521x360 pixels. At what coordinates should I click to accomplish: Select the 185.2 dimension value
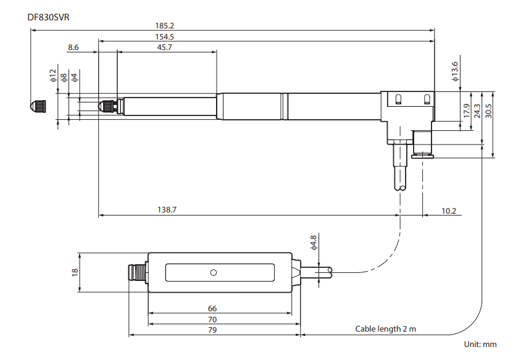pyautogui.click(x=165, y=26)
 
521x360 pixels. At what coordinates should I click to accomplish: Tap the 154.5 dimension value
pyautogui.click(x=165, y=37)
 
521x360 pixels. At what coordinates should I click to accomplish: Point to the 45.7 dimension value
pyautogui.click(x=165, y=48)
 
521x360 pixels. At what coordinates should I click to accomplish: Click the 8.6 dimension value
pyautogui.click(x=73, y=48)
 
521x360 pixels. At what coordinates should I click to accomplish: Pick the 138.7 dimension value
pyautogui.click(x=167, y=211)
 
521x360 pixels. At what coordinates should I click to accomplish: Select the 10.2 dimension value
pyautogui.click(x=449, y=211)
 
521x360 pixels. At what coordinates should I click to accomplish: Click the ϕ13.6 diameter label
pyautogui.click(x=455, y=71)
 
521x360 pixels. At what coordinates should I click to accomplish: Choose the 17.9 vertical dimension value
pyautogui.click(x=467, y=111)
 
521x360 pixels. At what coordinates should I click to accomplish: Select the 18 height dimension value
pyautogui.click(x=75, y=272)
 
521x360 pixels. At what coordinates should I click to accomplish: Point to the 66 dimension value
pyautogui.click(x=212, y=308)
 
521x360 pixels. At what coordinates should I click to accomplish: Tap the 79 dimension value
pyautogui.click(x=212, y=330)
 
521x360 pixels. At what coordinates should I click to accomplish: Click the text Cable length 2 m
pyautogui.click(x=385, y=329)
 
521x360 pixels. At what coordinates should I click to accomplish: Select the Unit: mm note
pyautogui.click(x=480, y=345)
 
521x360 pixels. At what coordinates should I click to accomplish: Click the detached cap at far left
pyautogui.click(x=38, y=106)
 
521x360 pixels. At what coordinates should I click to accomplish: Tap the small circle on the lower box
pyautogui.click(x=214, y=272)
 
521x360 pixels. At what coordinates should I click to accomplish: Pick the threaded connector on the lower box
pyautogui.click(x=137, y=272)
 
